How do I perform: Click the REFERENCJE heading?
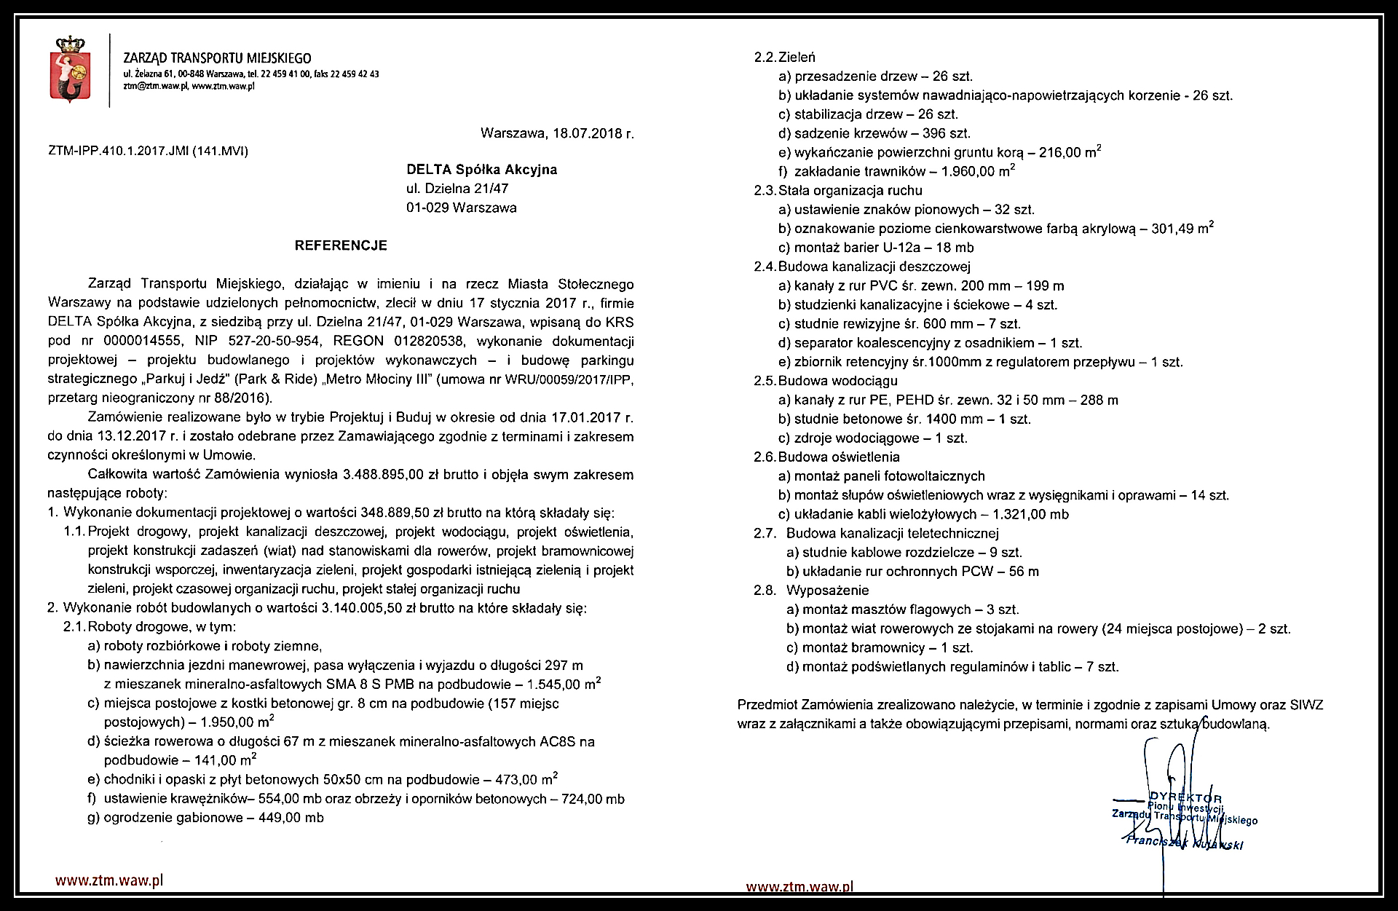coord(341,245)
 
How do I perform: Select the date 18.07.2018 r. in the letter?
coord(593,133)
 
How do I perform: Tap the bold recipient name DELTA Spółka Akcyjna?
coord(481,170)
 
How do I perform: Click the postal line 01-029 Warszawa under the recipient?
coord(461,208)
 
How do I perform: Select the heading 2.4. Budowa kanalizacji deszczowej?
coord(861,267)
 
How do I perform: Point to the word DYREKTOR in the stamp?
coord(1185,798)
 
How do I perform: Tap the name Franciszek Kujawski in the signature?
coord(1184,843)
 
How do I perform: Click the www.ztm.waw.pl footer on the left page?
coord(109,880)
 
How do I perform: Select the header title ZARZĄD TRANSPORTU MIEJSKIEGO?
coord(217,58)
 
